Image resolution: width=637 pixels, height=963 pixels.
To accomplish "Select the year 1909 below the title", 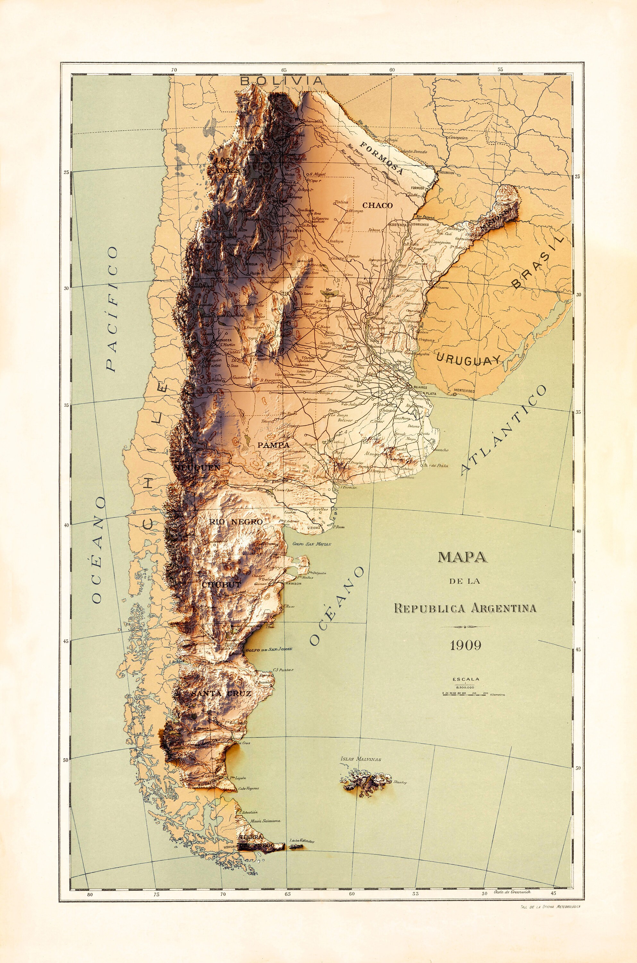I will [466, 646].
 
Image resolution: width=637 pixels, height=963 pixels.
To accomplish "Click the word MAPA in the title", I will [462, 557].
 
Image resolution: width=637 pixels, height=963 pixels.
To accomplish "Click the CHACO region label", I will [378, 205].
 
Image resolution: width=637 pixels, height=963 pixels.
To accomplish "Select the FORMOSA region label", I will [381, 158].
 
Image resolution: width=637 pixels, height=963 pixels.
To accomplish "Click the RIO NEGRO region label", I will [236, 522].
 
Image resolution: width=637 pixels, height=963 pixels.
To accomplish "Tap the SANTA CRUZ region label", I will [221, 693].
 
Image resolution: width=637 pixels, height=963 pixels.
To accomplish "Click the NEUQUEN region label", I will [198, 468].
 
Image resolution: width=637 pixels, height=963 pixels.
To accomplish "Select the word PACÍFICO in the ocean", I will [113, 309].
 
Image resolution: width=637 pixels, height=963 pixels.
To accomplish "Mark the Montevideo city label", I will [464, 391].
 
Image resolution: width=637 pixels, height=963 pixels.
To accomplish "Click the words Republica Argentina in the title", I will [465, 609].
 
